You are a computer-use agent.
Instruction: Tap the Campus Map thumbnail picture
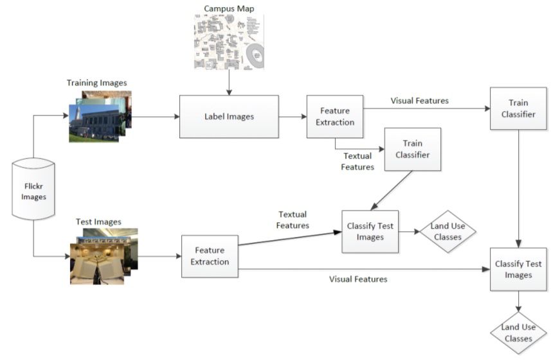pos(229,41)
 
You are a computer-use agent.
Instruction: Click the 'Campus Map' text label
pos(229,8)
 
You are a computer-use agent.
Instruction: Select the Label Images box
pos(229,117)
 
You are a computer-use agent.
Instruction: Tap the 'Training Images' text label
pos(96,83)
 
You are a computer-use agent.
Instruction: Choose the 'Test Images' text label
pos(98,222)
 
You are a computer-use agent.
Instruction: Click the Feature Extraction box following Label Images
pos(334,117)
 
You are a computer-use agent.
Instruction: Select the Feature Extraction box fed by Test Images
pos(210,256)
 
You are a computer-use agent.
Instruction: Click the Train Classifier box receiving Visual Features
pos(518,108)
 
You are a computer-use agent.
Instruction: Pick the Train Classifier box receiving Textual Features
pos(412,149)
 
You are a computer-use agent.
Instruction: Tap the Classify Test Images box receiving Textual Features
pos(370,232)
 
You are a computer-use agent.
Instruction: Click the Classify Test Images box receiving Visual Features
pos(518,269)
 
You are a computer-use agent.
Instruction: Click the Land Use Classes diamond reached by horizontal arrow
pos(448,232)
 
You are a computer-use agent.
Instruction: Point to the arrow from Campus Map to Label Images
pos(229,82)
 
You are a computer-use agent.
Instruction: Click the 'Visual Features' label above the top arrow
pos(419,101)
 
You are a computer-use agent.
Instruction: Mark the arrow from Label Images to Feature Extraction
pos(293,117)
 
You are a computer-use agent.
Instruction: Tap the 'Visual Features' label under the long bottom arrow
pos(358,279)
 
